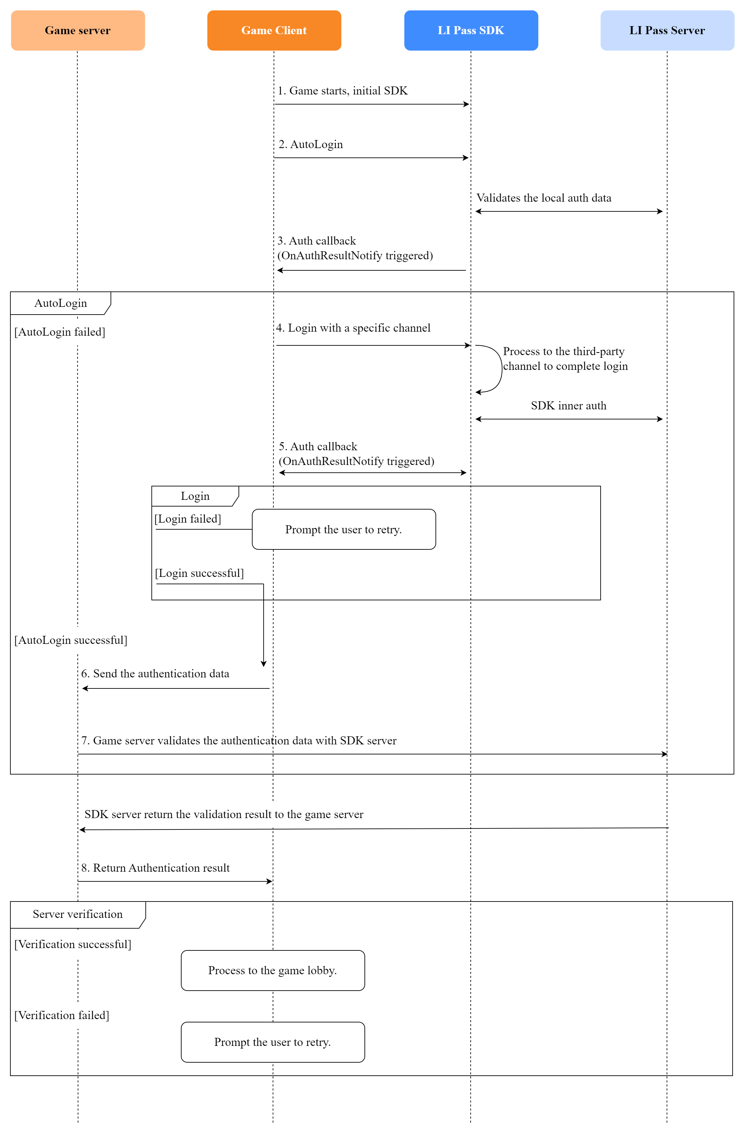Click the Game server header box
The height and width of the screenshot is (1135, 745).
tap(78, 30)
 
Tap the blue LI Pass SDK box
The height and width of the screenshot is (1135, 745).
tap(470, 30)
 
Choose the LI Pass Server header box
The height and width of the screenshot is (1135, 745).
tap(666, 30)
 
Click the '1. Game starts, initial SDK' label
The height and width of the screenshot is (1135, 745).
tap(342, 90)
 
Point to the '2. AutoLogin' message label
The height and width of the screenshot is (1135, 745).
tap(311, 144)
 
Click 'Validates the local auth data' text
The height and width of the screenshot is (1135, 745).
tap(543, 198)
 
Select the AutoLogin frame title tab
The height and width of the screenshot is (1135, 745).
tap(61, 303)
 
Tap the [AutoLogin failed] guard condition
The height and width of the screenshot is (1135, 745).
tap(60, 332)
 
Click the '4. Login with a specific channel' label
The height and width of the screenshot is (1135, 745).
tap(353, 328)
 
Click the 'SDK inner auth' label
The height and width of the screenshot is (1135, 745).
tap(568, 405)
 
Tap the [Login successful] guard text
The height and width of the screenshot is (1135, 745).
tap(199, 573)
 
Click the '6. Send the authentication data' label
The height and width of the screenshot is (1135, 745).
tap(155, 673)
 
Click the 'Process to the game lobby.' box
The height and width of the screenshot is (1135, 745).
tap(272, 971)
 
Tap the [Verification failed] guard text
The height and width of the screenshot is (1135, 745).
tap(62, 1015)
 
